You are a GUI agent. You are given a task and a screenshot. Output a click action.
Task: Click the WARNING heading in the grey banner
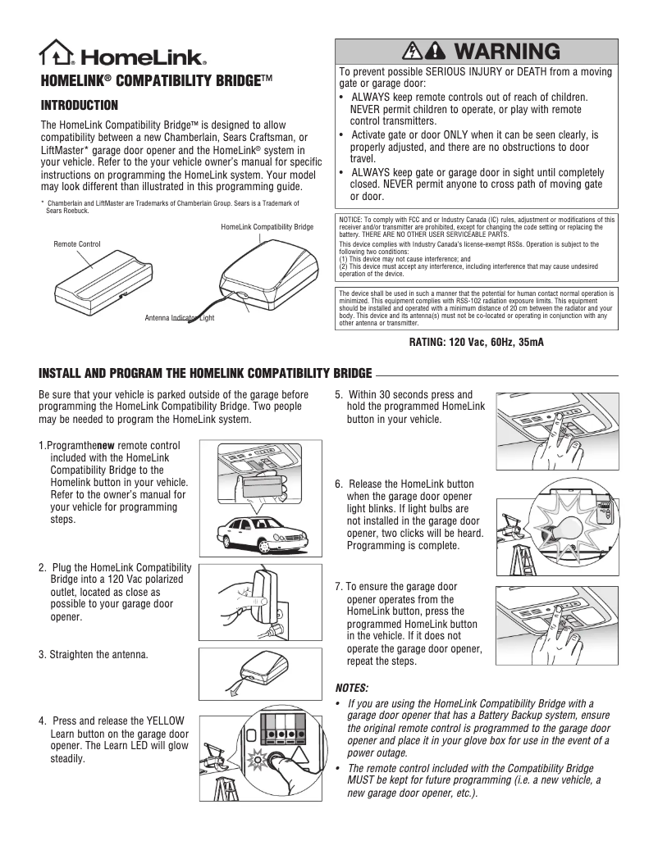coord(505,52)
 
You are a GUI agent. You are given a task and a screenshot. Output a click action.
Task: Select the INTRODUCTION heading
coord(80,106)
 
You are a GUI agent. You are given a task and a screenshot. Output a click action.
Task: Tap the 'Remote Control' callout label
coord(77,244)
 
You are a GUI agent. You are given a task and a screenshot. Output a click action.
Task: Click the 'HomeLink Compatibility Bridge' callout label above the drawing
coord(267,226)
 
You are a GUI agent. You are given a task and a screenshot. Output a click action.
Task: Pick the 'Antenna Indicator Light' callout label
coord(179,317)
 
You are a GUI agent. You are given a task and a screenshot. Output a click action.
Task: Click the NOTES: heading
coord(352,686)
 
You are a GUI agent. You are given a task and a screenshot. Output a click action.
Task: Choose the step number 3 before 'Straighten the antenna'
coord(42,655)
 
